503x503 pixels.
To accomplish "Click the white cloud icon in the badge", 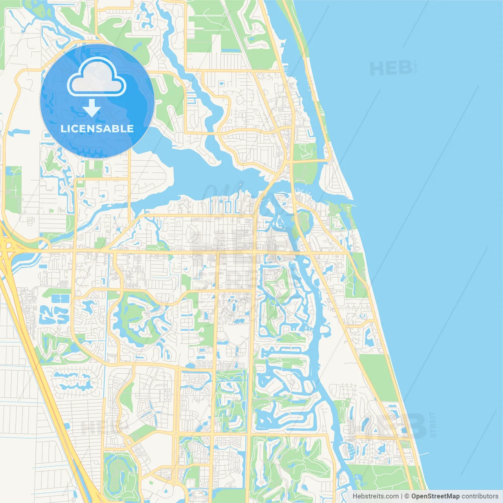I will tap(97, 77).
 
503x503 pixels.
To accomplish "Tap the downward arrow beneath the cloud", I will tap(92, 108).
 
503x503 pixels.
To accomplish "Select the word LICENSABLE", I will tap(97, 129).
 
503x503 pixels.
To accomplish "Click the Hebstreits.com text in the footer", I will tap(375, 496).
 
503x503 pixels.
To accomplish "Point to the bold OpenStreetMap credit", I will tap(435, 496).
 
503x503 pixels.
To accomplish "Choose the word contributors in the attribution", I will tap(479, 496).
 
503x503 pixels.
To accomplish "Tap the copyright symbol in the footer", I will tap(407, 496).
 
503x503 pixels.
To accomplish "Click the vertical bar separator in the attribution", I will tap(402, 496).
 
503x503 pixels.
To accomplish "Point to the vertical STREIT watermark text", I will tap(433, 424).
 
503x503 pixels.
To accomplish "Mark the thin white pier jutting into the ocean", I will tap(423, 454).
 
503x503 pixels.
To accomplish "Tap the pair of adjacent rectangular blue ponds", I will tap(61, 299).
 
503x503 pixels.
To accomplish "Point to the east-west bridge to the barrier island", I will tap(310, 160).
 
